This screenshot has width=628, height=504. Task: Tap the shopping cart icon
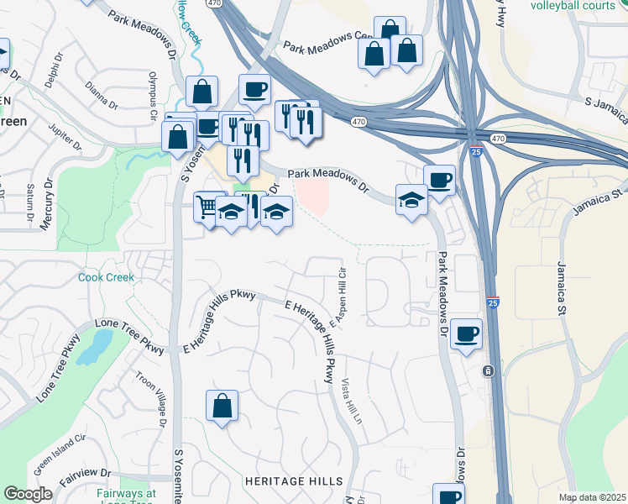(x=207, y=205)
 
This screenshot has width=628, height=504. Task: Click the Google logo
(x=28, y=494)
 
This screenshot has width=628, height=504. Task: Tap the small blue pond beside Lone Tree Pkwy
(x=95, y=346)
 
